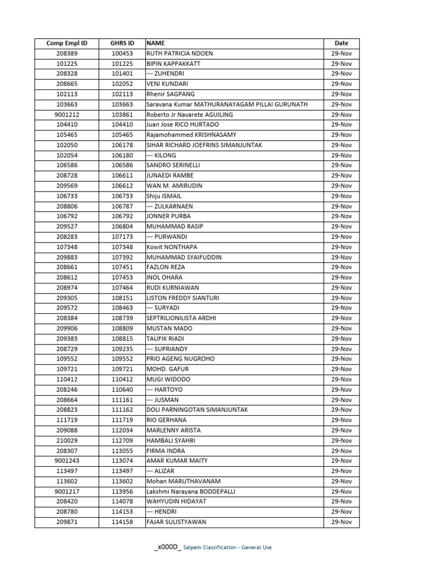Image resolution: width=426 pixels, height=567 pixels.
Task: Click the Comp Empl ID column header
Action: tap(67, 43)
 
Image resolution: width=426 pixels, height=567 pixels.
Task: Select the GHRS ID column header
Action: tap(123, 43)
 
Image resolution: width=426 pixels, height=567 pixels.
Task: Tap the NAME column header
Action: tap(156, 43)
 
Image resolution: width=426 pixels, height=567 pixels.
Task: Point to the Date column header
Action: tap(342, 43)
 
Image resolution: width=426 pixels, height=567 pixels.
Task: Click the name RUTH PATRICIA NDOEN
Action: tap(179, 54)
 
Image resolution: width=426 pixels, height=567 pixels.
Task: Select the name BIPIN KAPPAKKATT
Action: tap(174, 64)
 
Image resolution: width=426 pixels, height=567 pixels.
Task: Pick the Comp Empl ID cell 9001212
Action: tap(67, 115)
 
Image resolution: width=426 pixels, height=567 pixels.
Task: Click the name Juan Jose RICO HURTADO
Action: tap(182, 125)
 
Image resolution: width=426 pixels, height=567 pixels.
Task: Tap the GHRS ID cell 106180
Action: tap(123, 156)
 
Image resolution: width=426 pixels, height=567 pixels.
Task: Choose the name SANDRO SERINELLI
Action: tap(174, 166)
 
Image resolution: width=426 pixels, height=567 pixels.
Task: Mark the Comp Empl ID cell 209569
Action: tap(67, 186)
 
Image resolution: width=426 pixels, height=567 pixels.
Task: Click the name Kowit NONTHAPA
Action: tap(172, 247)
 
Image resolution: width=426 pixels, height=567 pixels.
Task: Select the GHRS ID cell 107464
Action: tap(123, 288)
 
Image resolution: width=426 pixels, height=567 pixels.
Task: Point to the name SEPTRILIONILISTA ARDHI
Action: tap(181, 318)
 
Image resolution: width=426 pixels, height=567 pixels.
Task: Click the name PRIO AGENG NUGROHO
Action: tap(181, 359)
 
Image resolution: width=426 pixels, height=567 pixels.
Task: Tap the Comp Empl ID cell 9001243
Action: tap(67, 461)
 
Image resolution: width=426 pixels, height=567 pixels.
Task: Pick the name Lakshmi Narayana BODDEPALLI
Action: tap(189, 492)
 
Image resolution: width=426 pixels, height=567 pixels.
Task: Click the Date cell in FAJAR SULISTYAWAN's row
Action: tap(342, 522)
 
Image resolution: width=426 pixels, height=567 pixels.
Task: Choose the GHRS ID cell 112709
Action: tap(123, 441)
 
